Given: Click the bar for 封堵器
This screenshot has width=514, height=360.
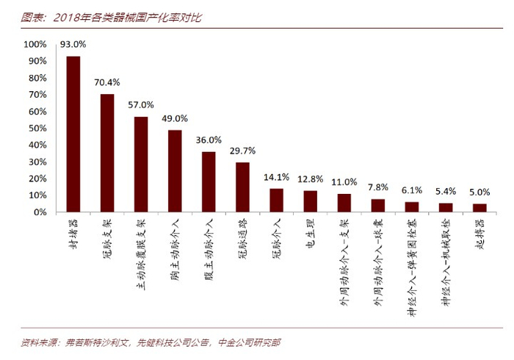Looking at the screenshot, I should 73,134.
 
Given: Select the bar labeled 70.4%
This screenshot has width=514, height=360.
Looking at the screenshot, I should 107,153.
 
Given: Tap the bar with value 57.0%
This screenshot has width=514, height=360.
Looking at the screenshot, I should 141,164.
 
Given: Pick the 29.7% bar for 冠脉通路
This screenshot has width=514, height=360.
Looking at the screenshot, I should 242,187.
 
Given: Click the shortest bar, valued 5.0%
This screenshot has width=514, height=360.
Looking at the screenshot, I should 479,207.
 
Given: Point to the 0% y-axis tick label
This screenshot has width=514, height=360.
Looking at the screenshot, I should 40,212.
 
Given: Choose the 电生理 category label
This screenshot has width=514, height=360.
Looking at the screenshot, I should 310,234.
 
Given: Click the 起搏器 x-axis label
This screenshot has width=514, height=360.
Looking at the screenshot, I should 479,234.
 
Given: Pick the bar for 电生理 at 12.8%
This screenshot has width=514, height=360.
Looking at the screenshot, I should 310,201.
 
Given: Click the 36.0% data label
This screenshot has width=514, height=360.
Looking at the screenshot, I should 209,140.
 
